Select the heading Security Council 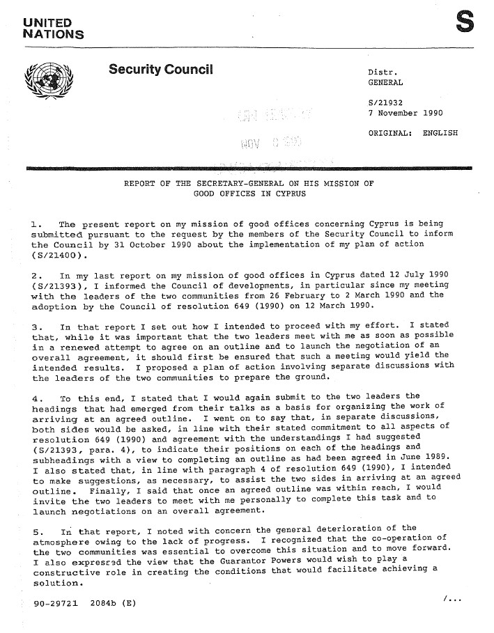pyautogui.click(x=160, y=70)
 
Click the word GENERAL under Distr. pyautogui.click(x=386, y=83)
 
